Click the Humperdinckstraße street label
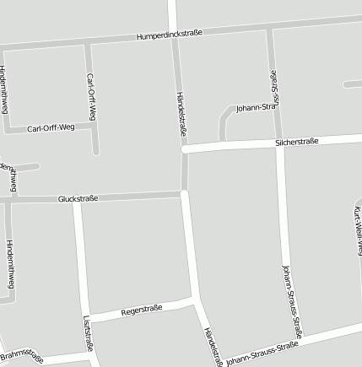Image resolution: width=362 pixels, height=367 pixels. pos(170,35)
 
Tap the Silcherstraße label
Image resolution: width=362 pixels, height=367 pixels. pos(296,142)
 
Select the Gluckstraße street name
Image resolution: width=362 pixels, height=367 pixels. pos(78,199)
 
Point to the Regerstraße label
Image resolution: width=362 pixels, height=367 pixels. pos(142,310)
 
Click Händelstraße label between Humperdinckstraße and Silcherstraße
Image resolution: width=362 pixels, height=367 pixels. pos(181,113)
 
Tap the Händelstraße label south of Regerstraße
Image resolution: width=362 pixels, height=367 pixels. pos(211,344)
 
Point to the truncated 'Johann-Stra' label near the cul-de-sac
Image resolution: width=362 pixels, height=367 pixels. pos(257,108)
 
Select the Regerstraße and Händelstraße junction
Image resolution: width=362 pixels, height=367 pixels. pos(196,299)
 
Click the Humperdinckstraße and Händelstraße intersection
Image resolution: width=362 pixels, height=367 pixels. pos(174,35)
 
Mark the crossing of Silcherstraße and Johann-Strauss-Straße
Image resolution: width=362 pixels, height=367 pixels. pos(278,143)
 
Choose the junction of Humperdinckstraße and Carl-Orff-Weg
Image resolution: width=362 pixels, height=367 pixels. pos(88,43)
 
